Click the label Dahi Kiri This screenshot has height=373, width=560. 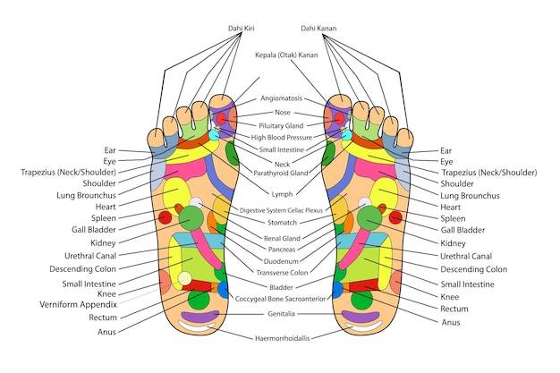242,29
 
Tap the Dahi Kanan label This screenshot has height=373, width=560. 318,29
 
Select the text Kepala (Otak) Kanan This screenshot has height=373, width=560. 286,55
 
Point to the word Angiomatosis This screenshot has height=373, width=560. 282,98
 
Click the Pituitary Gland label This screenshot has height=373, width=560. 281,126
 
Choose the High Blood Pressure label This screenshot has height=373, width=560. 282,138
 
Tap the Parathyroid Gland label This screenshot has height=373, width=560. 281,174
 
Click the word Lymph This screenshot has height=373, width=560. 282,194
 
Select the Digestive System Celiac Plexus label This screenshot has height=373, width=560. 281,210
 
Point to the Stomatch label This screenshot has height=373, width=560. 282,223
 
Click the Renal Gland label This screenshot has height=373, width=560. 282,238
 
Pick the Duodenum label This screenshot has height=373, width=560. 281,261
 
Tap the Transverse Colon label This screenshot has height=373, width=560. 282,273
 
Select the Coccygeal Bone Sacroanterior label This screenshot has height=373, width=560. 280,299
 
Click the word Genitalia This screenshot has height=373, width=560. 282,314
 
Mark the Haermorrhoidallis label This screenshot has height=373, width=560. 282,338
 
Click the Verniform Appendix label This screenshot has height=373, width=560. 78,305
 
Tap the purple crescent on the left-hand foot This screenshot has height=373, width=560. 200,317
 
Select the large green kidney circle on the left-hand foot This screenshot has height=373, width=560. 191,218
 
